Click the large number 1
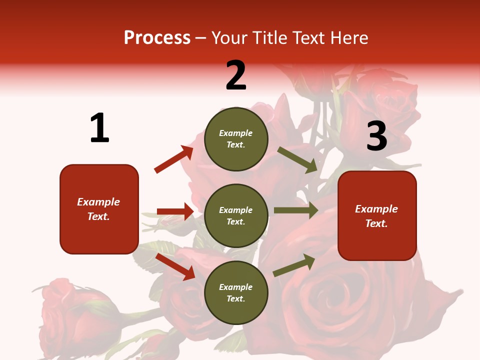pyautogui.click(x=99, y=128)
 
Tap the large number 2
pyautogui.click(x=236, y=75)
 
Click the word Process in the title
pyautogui.click(x=157, y=37)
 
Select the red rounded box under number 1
pyautogui.click(x=99, y=209)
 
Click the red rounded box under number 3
pyautogui.click(x=377, y=215)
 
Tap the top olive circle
pyautogui.click(x=236, y=138)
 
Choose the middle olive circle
pyautogui.click(x=236, y=215)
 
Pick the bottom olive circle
pyautogui.click(x=236, y=292)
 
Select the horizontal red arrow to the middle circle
pyautogui.click(x=175, y=211)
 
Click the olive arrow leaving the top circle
pyautogui.click(x=297, y=159)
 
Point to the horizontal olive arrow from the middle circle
pyautogui.click(x=295, y=210)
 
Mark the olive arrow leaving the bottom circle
pyautogui.click(x=294, y=265)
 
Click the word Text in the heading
pyautogui.click(x=305, y=37)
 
